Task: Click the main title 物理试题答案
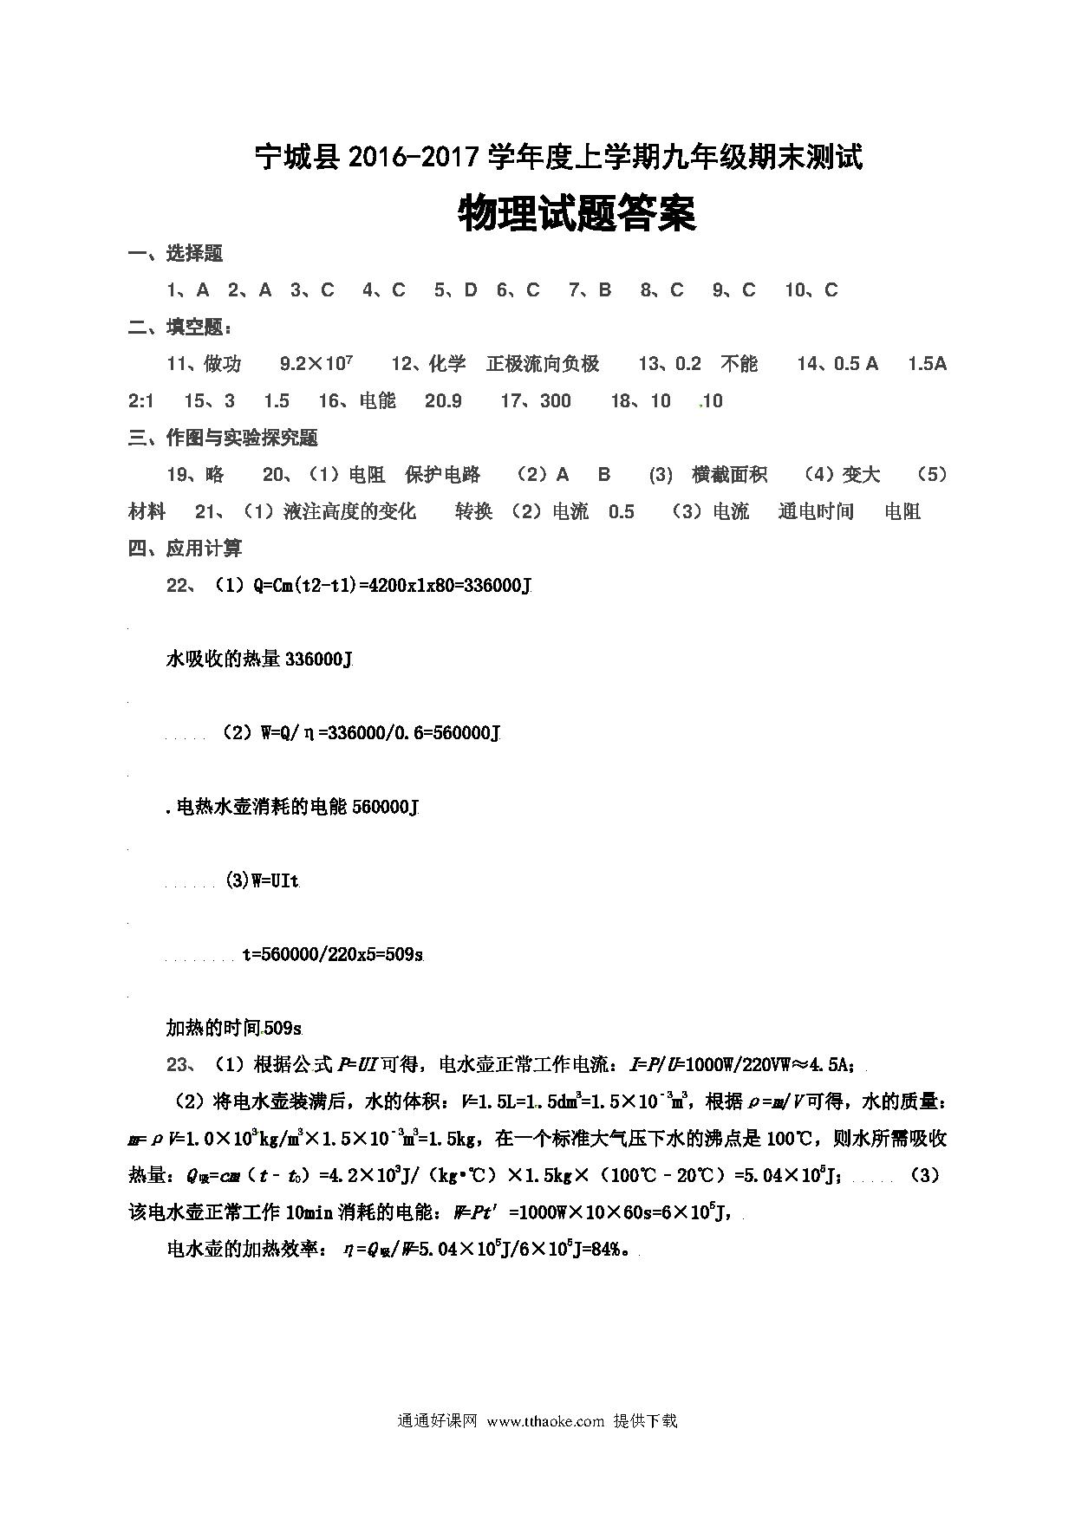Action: point(577,214)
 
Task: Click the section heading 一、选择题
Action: point(176,254)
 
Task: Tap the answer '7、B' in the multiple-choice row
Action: point(590,290)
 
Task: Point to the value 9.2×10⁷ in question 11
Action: point(316,364)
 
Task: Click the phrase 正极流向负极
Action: point(543,364)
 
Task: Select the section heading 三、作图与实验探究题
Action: point(223,438)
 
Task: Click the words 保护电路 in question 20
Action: point(442,475)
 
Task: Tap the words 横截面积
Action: point(729,475)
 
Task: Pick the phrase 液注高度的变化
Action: point(350,512)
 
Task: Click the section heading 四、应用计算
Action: point(186,549)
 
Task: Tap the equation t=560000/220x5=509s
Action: point(333,955)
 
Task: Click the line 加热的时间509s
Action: point(234,1029)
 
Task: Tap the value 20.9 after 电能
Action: point(443,401)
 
